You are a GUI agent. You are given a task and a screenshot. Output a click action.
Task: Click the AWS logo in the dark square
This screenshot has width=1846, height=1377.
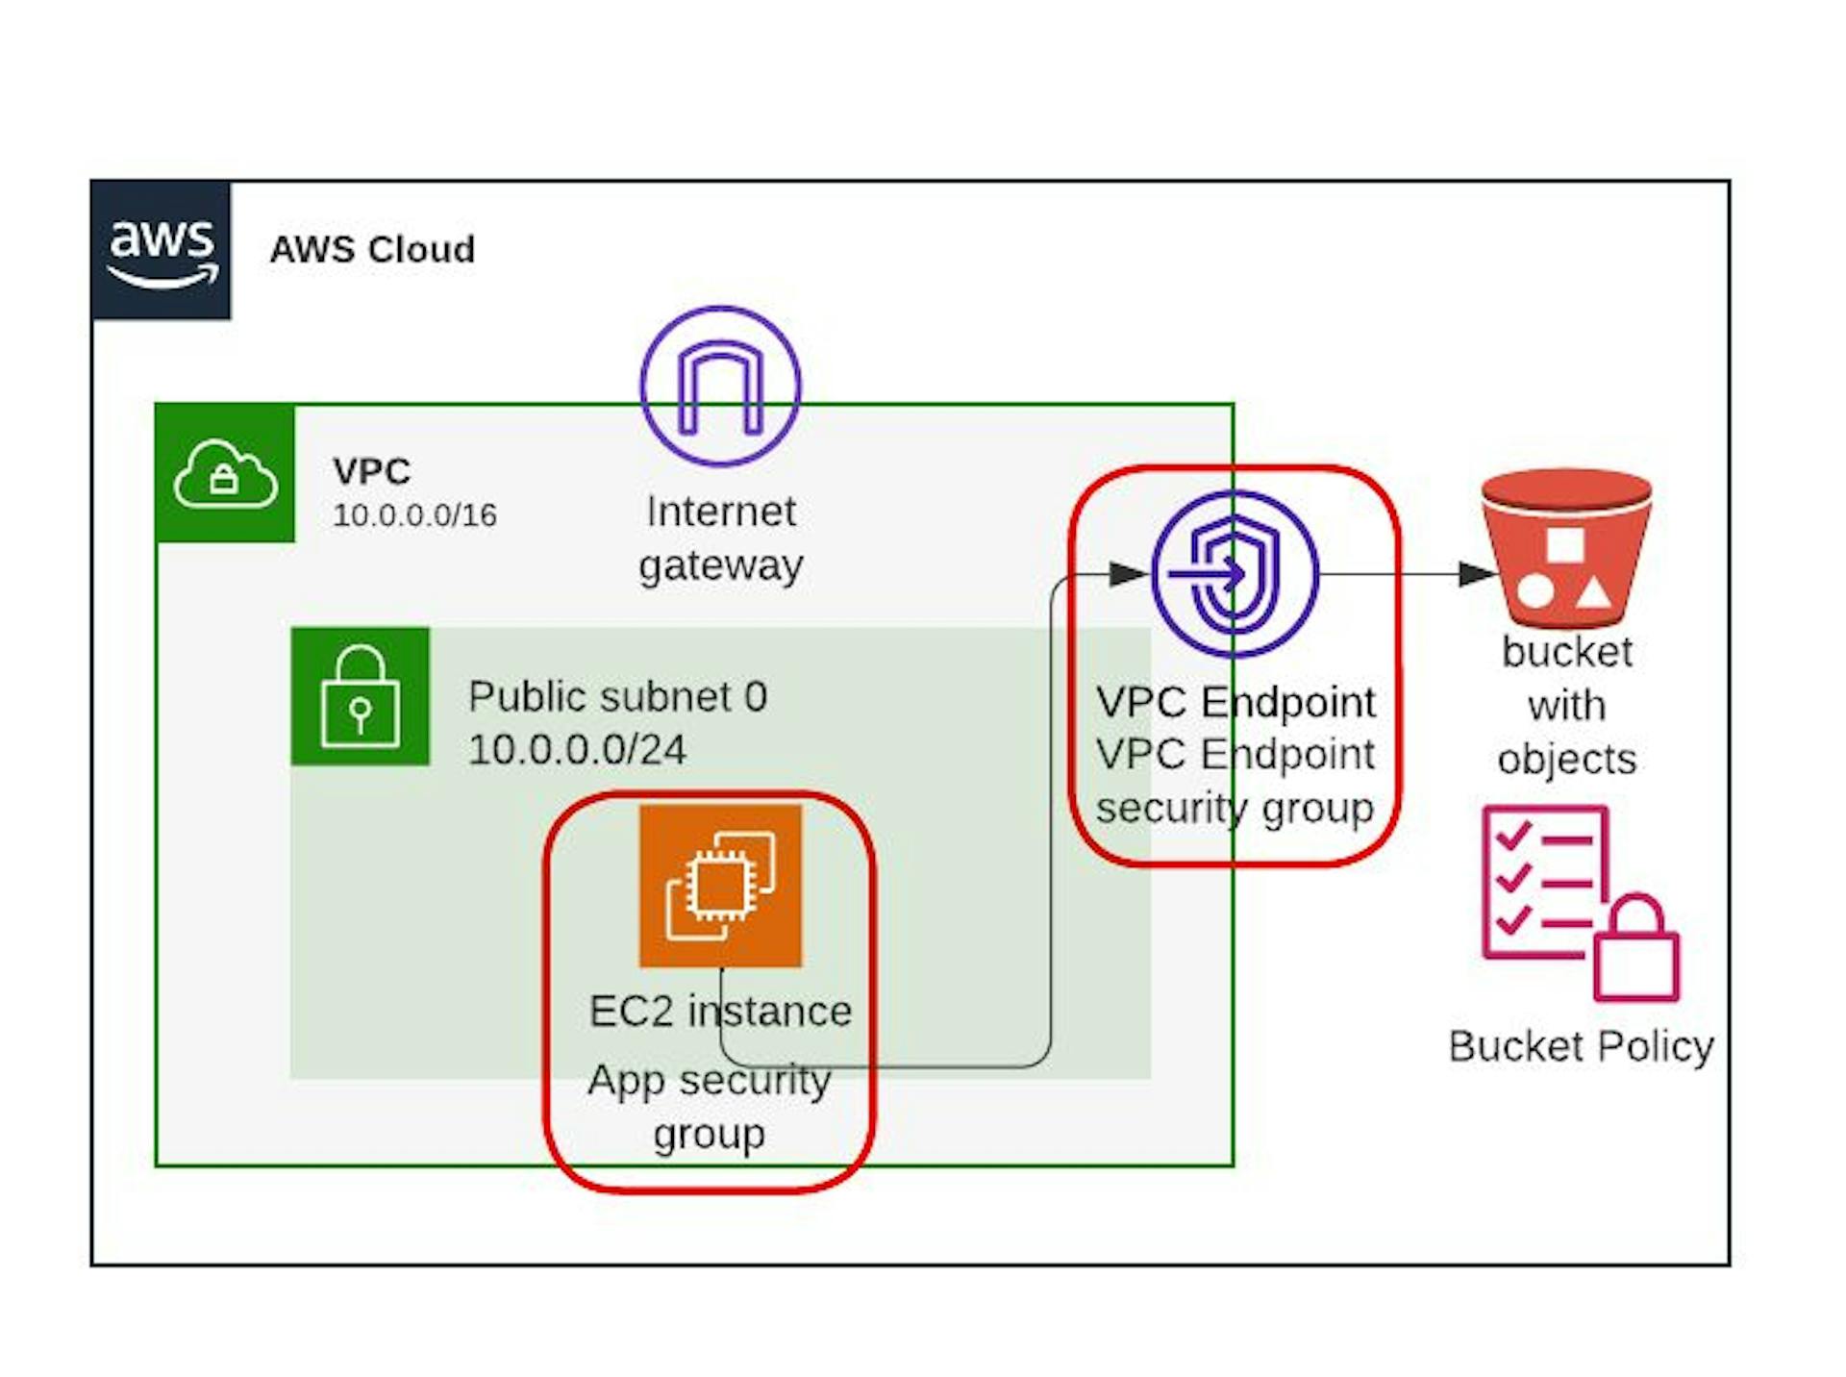click(162, 250)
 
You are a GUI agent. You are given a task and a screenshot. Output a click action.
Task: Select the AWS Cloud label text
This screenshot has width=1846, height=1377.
click(372, 250)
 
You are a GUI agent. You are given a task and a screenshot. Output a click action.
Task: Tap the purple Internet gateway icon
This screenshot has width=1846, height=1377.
click(720, 387)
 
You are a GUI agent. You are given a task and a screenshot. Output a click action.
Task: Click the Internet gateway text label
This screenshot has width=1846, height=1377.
click(720, 538)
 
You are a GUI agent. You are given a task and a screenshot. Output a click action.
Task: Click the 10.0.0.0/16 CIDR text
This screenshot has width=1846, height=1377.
click(414, 515)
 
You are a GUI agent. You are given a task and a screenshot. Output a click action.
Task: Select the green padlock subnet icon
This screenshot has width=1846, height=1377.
click(361, 696)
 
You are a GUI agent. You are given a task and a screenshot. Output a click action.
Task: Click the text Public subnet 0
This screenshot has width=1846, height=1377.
click(617, 696)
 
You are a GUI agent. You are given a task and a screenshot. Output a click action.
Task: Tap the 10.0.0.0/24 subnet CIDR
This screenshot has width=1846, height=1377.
click(577, 750)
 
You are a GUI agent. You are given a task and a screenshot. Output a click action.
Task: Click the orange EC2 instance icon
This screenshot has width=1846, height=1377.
click(720, 885)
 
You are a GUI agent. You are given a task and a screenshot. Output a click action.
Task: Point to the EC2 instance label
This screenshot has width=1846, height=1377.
click(720, 1012)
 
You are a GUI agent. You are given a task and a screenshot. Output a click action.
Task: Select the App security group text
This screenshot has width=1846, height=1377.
click(710, 1107)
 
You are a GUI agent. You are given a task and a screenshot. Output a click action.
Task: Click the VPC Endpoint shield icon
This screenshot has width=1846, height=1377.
click(1235, 574)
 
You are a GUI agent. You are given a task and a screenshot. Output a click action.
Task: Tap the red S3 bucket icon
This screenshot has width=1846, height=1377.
click(1566, 548)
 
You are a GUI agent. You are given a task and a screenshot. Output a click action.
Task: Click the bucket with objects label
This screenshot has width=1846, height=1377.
click(1566, 705)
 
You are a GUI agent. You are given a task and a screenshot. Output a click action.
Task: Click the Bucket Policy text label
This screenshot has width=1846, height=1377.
click(1581, 1046)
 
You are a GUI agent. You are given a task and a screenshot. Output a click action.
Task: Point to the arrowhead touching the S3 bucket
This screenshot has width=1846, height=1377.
click(1477, 574)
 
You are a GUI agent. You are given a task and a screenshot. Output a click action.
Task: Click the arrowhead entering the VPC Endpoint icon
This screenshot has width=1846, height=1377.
click(1128, 574)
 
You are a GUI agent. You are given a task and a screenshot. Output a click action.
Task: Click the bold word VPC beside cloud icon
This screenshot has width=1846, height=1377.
click(371, 471)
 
